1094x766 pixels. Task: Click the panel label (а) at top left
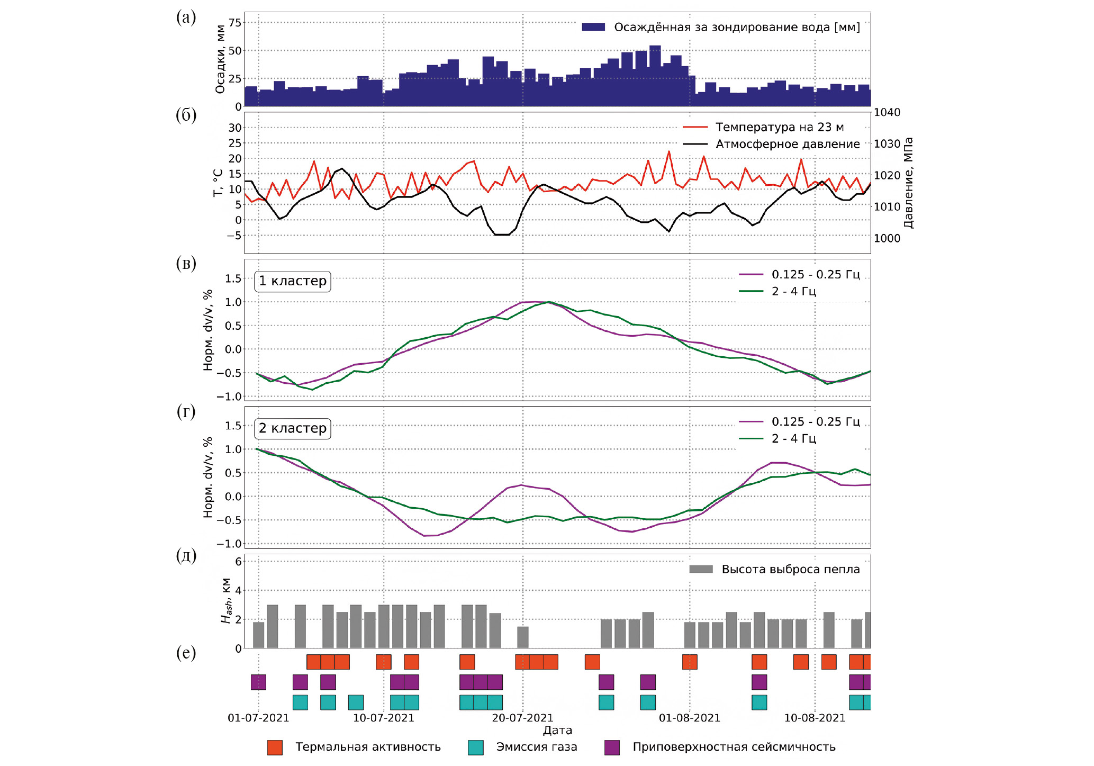186,17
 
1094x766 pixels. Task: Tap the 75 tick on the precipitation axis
234,23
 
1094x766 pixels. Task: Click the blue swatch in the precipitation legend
593,28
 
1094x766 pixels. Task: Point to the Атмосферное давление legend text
787,144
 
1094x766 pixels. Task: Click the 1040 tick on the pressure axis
887,113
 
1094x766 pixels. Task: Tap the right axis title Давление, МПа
908,183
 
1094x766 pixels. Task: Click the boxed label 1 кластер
293,281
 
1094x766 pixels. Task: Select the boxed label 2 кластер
293,428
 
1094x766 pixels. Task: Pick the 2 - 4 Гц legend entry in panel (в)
793,291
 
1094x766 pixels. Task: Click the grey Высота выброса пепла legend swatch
701,569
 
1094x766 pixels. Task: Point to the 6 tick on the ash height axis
238,562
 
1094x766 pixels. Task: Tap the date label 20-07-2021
522,718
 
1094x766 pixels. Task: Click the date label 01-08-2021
689,718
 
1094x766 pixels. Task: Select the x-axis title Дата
557,731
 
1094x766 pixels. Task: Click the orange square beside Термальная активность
275,747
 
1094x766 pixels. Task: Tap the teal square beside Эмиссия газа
476,747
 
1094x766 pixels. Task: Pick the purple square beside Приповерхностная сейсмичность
612,747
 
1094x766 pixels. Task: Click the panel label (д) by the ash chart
186,556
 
